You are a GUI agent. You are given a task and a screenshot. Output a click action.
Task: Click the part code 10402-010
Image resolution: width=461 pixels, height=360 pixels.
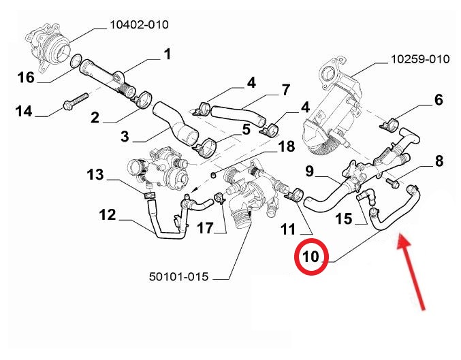pos(139,26)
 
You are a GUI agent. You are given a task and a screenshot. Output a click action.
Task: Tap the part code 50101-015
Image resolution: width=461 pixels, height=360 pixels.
pos(178,277)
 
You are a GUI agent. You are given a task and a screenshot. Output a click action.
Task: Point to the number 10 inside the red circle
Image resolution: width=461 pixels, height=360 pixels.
pos(311,257)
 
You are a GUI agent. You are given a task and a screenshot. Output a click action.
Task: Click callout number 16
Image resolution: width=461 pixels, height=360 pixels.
pos(26,77)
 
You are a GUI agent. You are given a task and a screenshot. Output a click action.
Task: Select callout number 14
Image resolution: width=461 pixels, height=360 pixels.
pos(24,110)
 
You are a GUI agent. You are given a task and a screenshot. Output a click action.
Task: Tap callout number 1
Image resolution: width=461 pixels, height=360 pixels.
pos(166,53)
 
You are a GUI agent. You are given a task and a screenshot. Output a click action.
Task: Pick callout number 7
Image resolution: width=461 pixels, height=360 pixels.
pos(286,89)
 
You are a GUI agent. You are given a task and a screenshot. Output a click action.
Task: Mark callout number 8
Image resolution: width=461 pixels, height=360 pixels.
pos(439,161)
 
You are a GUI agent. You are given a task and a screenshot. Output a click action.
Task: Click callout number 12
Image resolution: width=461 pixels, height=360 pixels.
pos(108,215)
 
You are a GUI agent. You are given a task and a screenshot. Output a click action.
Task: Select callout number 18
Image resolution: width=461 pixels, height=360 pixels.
pos(286,146)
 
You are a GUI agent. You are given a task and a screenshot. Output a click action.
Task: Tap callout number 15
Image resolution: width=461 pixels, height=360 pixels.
pos(344,218)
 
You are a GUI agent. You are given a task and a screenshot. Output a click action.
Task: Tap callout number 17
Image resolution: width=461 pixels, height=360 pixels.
pos(205,229)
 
